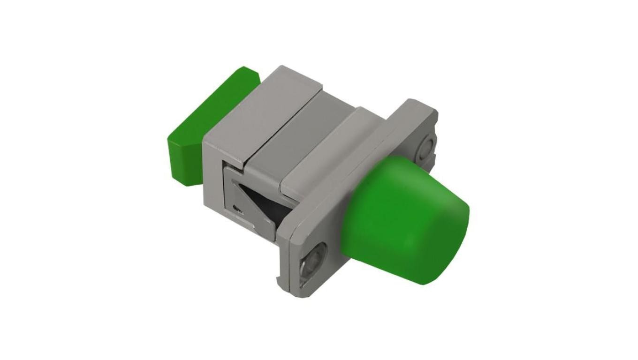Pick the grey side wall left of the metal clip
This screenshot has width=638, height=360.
213,178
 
